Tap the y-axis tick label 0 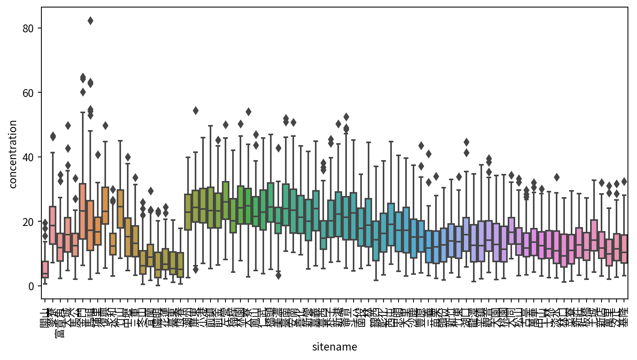coord(32,286)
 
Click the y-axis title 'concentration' coord(13,154)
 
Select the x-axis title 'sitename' coord(334,347)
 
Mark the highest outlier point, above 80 coord(90,21)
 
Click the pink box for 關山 coord(45,270)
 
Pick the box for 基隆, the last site coord(624,249)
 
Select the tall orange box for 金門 coord(83,211)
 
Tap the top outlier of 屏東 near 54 coord(196,110)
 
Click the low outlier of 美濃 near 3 coord(278,276)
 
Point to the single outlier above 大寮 coord(248,112)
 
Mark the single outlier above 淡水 coord(557,177)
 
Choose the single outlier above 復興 coord(105,125)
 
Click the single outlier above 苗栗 coord(436,176)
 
